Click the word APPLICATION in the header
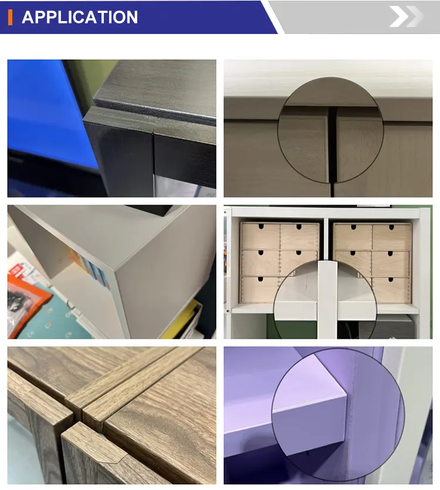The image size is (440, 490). [80, 17]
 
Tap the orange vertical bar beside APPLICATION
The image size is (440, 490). [11, 17]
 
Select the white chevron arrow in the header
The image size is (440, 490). [400, 16]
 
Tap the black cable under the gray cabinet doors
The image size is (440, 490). [332, 190]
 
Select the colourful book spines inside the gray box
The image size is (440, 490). [91, 269]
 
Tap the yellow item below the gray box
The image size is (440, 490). [181, 319]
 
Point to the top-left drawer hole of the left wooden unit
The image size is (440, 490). [261, 226]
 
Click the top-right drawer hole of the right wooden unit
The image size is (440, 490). [391, 227]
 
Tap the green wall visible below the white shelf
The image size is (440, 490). [291, 326]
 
